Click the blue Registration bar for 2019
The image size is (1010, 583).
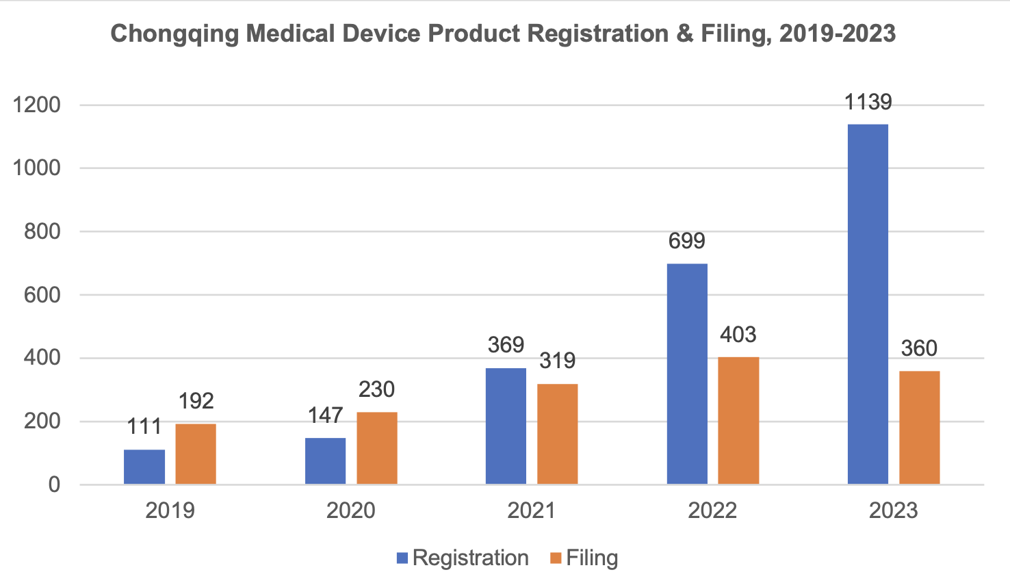144,467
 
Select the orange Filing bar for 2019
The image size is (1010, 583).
196,454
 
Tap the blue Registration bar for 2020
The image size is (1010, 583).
325,461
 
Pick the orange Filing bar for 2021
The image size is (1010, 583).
557,434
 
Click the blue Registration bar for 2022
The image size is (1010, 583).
687,374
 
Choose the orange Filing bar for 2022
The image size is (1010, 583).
738,420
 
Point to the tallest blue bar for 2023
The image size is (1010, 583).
868,304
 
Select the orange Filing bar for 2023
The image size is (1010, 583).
919,427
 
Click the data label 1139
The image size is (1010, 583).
868,103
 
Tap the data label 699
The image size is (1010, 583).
686,241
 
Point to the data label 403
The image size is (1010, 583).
738,335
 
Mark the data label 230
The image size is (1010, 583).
376,389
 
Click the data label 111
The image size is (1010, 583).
144,426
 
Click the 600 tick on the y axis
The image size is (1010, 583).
42,295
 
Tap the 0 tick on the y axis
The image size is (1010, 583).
54,484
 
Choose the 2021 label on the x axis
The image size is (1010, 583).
532,510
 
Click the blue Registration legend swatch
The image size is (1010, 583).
402,558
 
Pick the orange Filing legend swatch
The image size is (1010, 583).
556,558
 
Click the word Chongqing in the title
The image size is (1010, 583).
174,34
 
